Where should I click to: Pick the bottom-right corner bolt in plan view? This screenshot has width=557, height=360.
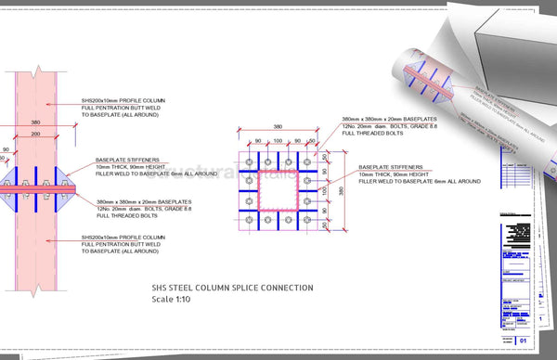tap(309, 220)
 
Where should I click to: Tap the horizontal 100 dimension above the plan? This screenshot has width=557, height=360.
tap(279, 143)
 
